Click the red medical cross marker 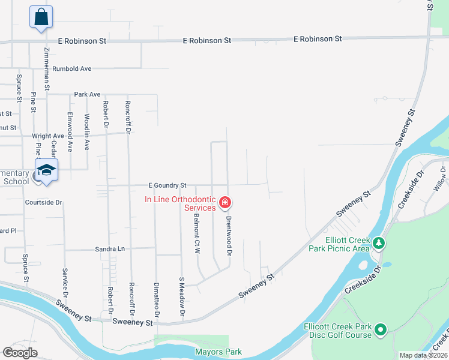tap(225, 203)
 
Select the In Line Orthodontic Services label tap(180, 203)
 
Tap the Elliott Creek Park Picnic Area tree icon tap(378, 242)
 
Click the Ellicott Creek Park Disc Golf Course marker tap(379, 329)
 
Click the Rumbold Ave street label tap(71, 69)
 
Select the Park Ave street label tap(87, 95)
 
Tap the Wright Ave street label tap(48, 136)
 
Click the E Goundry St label tap(168, 185)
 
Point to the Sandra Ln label tap(109, 248)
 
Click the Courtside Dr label tap(44, 203)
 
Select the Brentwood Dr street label tap(229, 236)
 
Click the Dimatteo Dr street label tap(157, 299)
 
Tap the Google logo tap(20, 353)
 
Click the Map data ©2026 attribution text tap(423, 355)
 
